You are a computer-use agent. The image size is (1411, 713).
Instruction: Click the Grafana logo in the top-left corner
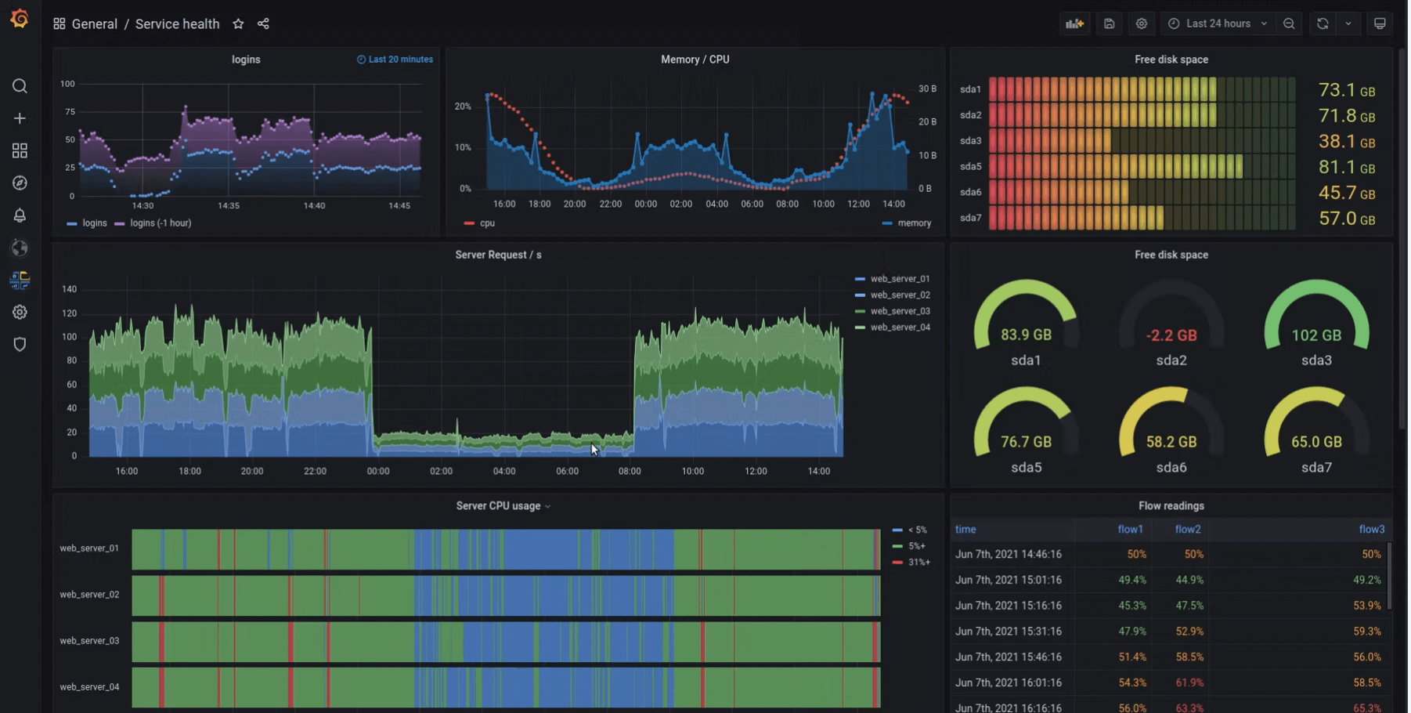point(20,18)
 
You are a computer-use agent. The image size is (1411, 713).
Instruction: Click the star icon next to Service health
point(238,24)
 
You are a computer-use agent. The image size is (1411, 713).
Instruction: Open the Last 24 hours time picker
point(1218,24)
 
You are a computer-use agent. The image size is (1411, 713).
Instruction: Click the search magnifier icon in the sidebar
point(20,86)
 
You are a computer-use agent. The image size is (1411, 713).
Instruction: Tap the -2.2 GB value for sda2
point(1171,335)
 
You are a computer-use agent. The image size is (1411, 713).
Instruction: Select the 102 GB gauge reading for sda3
point(1315,335)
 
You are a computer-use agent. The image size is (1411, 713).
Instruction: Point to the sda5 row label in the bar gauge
point(970,166)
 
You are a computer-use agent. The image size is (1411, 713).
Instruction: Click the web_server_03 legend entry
point(900,311)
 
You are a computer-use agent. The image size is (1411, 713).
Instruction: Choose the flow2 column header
point(1187,529)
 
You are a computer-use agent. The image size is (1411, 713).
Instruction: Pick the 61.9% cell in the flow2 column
point(1189,682)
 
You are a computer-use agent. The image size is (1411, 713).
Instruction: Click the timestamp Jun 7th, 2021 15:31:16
point(1008,631)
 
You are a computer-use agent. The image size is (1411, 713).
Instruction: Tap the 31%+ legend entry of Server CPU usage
point(918,562)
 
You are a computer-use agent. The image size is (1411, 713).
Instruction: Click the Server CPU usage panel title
point(498,505)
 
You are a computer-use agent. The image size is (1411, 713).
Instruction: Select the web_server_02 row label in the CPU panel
point(89,594)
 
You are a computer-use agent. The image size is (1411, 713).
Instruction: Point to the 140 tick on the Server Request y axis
point(69,289)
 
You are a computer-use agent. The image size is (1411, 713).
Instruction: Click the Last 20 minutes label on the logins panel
point(400,60)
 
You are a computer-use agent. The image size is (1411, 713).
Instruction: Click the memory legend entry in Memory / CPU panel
point(914,223)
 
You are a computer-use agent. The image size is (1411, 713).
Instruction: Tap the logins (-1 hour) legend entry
point(160,223)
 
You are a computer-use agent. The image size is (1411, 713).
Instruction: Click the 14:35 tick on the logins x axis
point(228,205)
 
